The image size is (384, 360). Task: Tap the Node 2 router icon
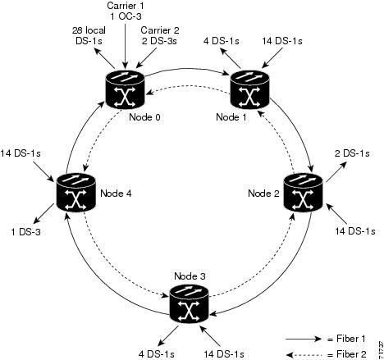point(304,193)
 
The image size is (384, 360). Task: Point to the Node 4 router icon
point(76,193)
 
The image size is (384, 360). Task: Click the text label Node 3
point(190,276)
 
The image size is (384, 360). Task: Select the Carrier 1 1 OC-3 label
point(126,11)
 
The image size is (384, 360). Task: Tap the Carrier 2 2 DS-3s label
point(160,35)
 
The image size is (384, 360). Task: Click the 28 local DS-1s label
point(89,35)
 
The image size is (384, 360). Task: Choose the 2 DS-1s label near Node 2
point(352,153)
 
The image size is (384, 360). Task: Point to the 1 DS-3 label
point(25,232)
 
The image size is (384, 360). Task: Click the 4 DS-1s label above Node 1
point(222,41)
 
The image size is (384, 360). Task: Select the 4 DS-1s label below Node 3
point(156,354)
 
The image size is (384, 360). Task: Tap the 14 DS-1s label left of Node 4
point(21,153)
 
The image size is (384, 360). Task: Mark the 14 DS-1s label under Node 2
point(355,231)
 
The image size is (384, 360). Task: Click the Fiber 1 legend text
point(347,339)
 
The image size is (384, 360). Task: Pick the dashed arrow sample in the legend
point(304,355)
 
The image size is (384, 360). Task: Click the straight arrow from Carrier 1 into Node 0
point(126,46)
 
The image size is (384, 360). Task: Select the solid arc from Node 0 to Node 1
point(187,69)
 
